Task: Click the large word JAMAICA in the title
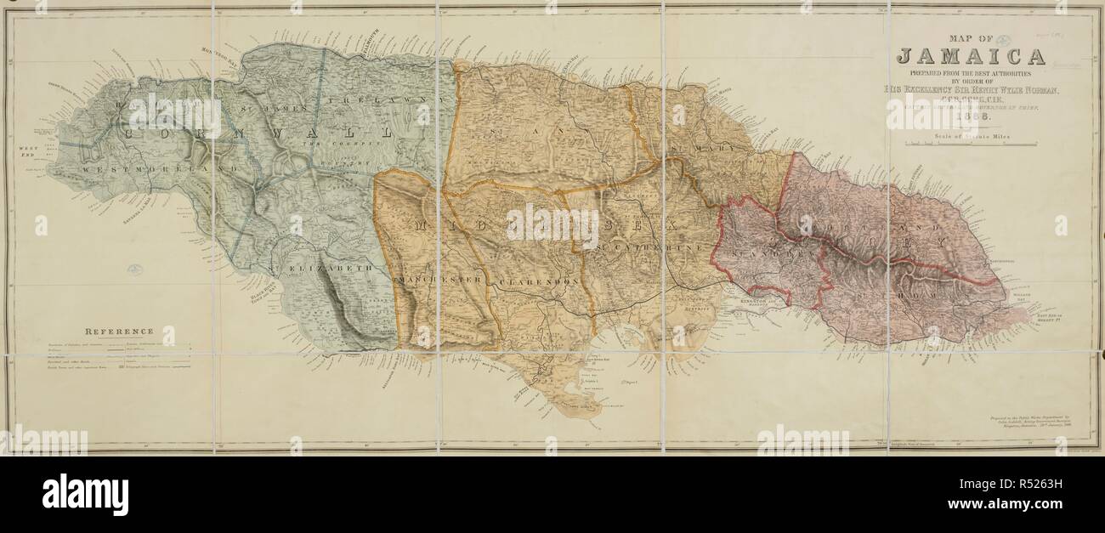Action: pos(972,57)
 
